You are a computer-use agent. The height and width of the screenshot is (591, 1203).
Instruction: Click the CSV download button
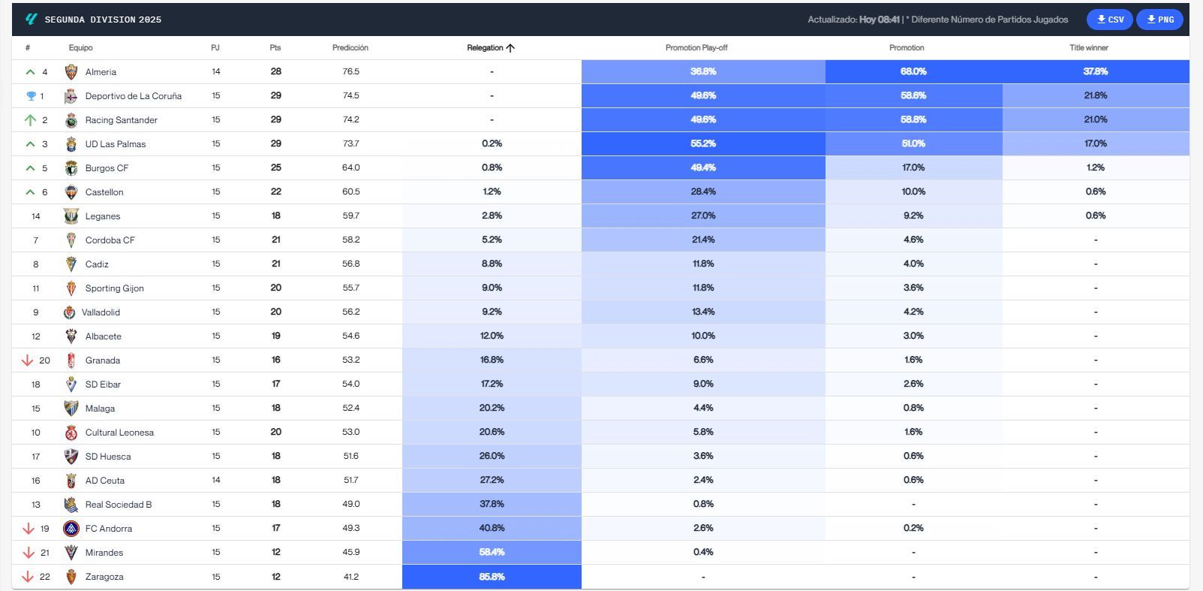tap(1110, 20)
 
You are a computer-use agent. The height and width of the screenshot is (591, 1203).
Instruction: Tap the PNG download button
tap(1159, 20)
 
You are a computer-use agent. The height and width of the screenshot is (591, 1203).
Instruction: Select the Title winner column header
tap(1088, 48)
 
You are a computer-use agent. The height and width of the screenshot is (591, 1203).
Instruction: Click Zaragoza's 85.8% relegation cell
tap(492, 577)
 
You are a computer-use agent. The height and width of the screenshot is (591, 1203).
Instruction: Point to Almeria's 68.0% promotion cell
tap(913, 71)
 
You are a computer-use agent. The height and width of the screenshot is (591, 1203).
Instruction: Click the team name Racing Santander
tap(121, 120)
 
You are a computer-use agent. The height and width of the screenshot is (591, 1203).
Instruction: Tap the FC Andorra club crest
tap(71, 529)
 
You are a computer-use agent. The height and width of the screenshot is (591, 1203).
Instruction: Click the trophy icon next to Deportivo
tap(31, 96)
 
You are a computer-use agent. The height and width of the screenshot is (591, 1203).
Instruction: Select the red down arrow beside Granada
tap(28, 360)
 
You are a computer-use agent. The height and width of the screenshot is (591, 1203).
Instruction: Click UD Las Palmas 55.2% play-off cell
tap(703, 143)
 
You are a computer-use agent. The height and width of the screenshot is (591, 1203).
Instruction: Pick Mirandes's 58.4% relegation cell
tap(492, 552)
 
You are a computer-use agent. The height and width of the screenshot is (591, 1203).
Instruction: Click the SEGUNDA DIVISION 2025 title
tap(103, 20)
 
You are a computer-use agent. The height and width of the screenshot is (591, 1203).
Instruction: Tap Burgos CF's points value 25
tap(275, 167)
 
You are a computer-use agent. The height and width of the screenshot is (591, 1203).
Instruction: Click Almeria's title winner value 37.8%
tap(1095, 71)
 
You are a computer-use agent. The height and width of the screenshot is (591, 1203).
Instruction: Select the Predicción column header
tap(350, 48)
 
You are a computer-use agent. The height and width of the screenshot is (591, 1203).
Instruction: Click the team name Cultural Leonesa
tap(119, 433)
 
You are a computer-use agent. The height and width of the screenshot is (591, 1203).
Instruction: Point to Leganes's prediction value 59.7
tap(350, 216)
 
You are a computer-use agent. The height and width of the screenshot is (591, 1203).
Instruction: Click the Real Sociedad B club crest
tap(71, 505)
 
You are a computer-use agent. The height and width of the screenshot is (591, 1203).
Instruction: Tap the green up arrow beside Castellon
tap(30, 192)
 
